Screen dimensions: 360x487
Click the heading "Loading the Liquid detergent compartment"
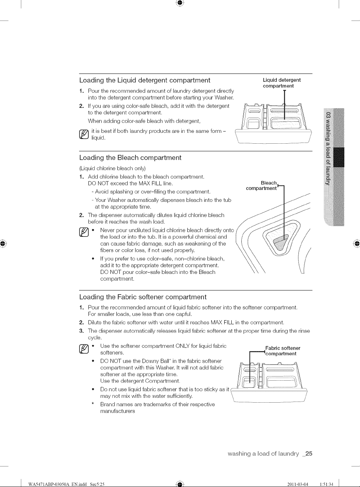point(145,80)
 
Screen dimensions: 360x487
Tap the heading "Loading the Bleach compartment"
point(130,157)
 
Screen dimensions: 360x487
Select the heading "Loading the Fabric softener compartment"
point(143,297)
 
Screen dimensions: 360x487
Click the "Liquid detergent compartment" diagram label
point(282,83)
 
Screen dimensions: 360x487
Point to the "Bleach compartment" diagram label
point(262,185)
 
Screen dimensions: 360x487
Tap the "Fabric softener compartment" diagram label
point(283,351)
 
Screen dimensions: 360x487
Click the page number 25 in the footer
point(309,453)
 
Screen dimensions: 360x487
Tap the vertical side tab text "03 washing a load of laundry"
point(328,149)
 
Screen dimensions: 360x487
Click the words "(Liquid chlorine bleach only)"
point(112,168)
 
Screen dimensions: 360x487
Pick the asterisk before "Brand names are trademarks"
point(93,403)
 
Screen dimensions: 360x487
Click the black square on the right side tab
point(339,157)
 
